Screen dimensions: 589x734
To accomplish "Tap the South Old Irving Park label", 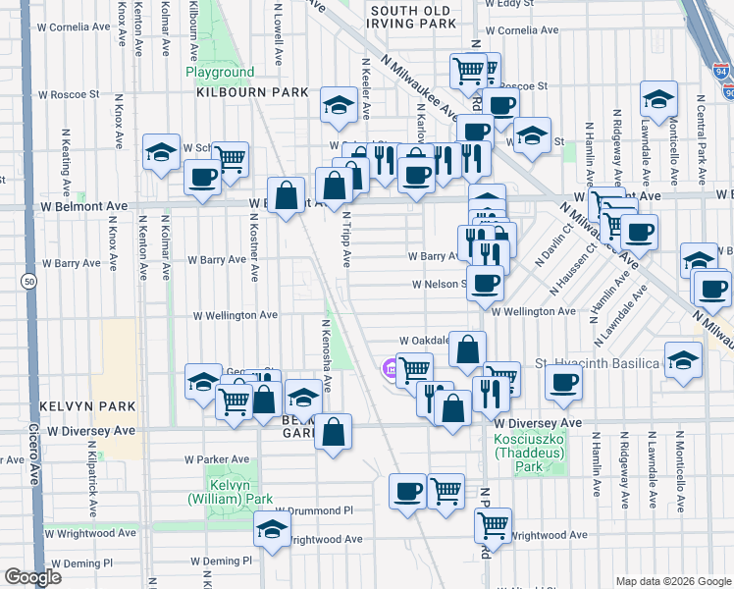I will click(x=413, y=16).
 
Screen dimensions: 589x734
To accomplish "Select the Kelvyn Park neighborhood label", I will click(x=74, y=405).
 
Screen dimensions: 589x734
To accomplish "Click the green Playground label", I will click(x=220, y=73).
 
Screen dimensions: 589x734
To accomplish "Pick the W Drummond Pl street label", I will click(x=313, y=510).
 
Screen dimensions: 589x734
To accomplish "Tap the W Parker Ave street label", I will click(x=217, y=459).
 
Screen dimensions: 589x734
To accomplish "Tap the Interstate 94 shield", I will click(x=722, y=72).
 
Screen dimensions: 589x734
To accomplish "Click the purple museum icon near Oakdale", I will click(x=389, y=369).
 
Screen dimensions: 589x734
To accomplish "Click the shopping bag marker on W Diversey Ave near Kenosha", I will click(x=334, y=431).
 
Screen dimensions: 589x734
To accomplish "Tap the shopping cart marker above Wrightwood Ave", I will click(x=493, y=523).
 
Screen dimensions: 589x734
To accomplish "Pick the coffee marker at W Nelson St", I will click(x=485, y=285).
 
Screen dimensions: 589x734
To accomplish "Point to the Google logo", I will click(x=34, y=577).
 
